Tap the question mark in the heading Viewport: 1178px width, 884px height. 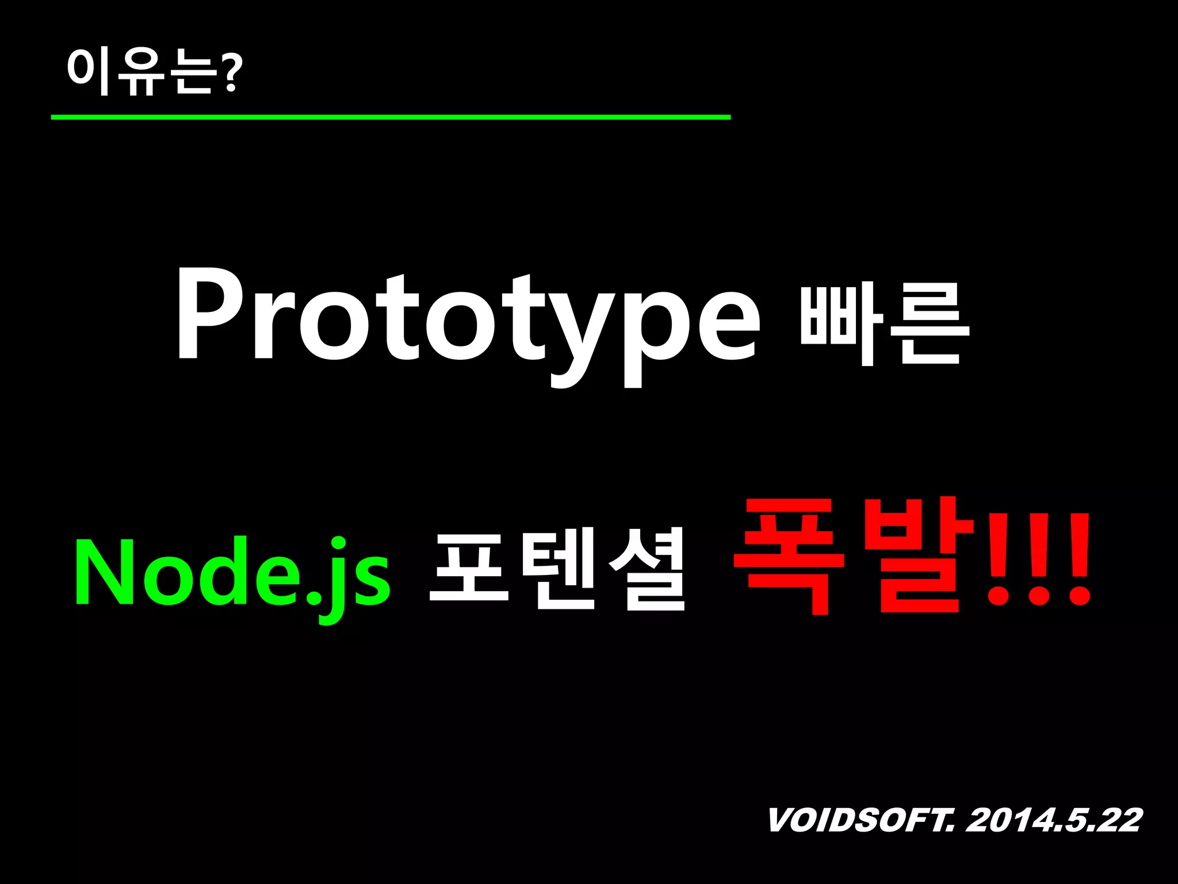pos(231,73)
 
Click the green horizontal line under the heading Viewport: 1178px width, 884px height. pos(391,117)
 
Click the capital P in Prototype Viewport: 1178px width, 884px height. pos(209,314)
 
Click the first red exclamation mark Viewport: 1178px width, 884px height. pos(998,561)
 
